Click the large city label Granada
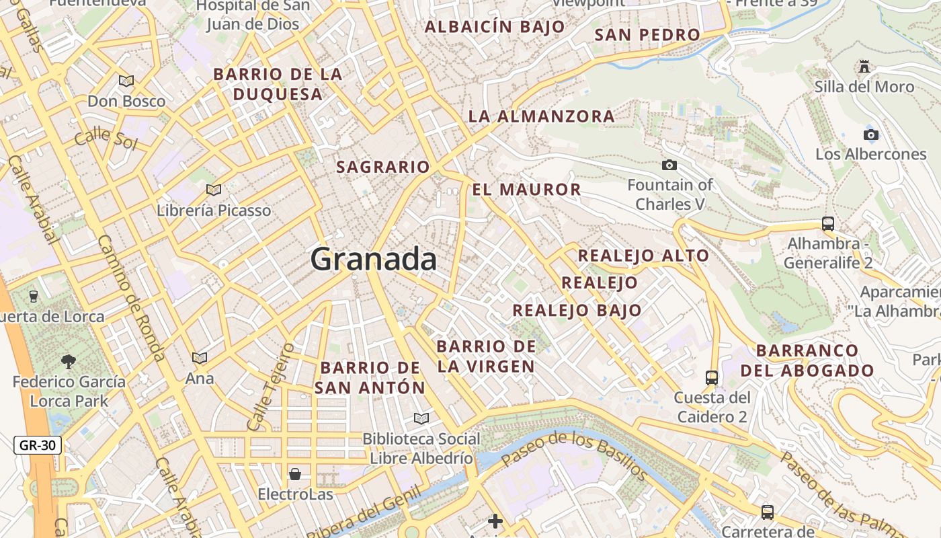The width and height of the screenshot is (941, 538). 374,259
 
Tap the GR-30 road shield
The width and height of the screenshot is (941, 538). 38,445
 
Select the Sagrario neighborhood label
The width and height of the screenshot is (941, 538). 382,167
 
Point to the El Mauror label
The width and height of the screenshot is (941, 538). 526,190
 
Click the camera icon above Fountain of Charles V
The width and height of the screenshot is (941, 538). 669,165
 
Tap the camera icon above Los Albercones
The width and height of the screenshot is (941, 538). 870,134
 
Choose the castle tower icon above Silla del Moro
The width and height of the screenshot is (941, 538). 864,66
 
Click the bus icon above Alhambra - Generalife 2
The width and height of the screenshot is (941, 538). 827,224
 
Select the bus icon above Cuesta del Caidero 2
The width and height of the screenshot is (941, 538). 712,377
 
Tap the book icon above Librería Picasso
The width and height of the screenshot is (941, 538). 214,190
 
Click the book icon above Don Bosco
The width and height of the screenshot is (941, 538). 126,81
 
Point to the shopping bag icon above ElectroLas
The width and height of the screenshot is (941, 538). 294,474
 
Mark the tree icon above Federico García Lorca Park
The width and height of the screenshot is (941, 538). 69,362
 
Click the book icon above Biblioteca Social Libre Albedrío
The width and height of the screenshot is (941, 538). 421,419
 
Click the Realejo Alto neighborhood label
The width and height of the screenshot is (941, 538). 643,256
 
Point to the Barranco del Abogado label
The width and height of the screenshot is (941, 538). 807,360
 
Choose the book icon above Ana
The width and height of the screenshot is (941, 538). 200,358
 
